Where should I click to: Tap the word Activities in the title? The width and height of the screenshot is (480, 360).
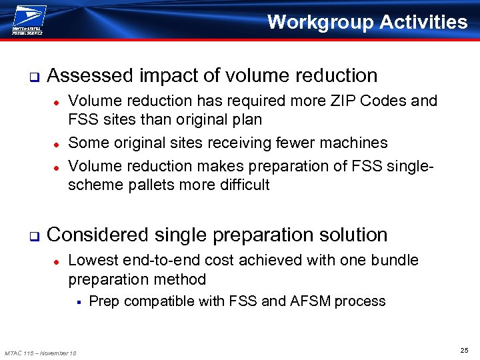423,22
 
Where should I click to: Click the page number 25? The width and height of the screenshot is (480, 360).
464,350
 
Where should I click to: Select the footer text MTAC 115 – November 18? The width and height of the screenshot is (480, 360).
40,353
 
